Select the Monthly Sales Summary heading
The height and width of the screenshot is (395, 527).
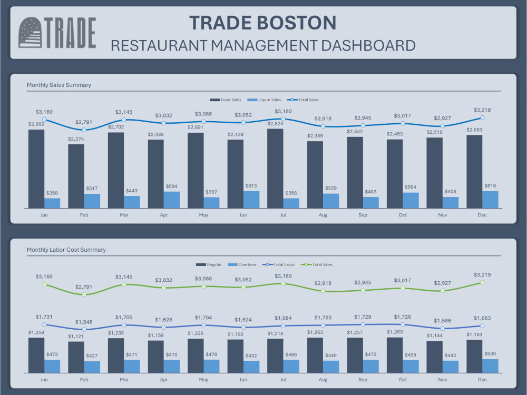59,85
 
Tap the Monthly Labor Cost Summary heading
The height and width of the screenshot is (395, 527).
66,250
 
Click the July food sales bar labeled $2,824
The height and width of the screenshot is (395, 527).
275,169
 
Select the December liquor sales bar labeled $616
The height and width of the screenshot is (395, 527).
490,200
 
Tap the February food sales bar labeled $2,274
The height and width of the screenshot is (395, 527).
76,176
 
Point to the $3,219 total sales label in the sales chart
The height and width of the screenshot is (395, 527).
482,110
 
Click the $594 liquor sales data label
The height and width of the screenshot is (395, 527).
171,186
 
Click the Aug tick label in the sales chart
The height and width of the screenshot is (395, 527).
323,215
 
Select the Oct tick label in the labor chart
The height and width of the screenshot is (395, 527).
403,380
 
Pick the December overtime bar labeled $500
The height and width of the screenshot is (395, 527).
490,366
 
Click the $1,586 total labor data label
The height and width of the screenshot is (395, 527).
442,320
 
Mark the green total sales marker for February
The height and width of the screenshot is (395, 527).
84,294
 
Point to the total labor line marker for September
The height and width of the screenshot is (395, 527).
363,325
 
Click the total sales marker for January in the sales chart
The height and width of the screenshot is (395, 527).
44,120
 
